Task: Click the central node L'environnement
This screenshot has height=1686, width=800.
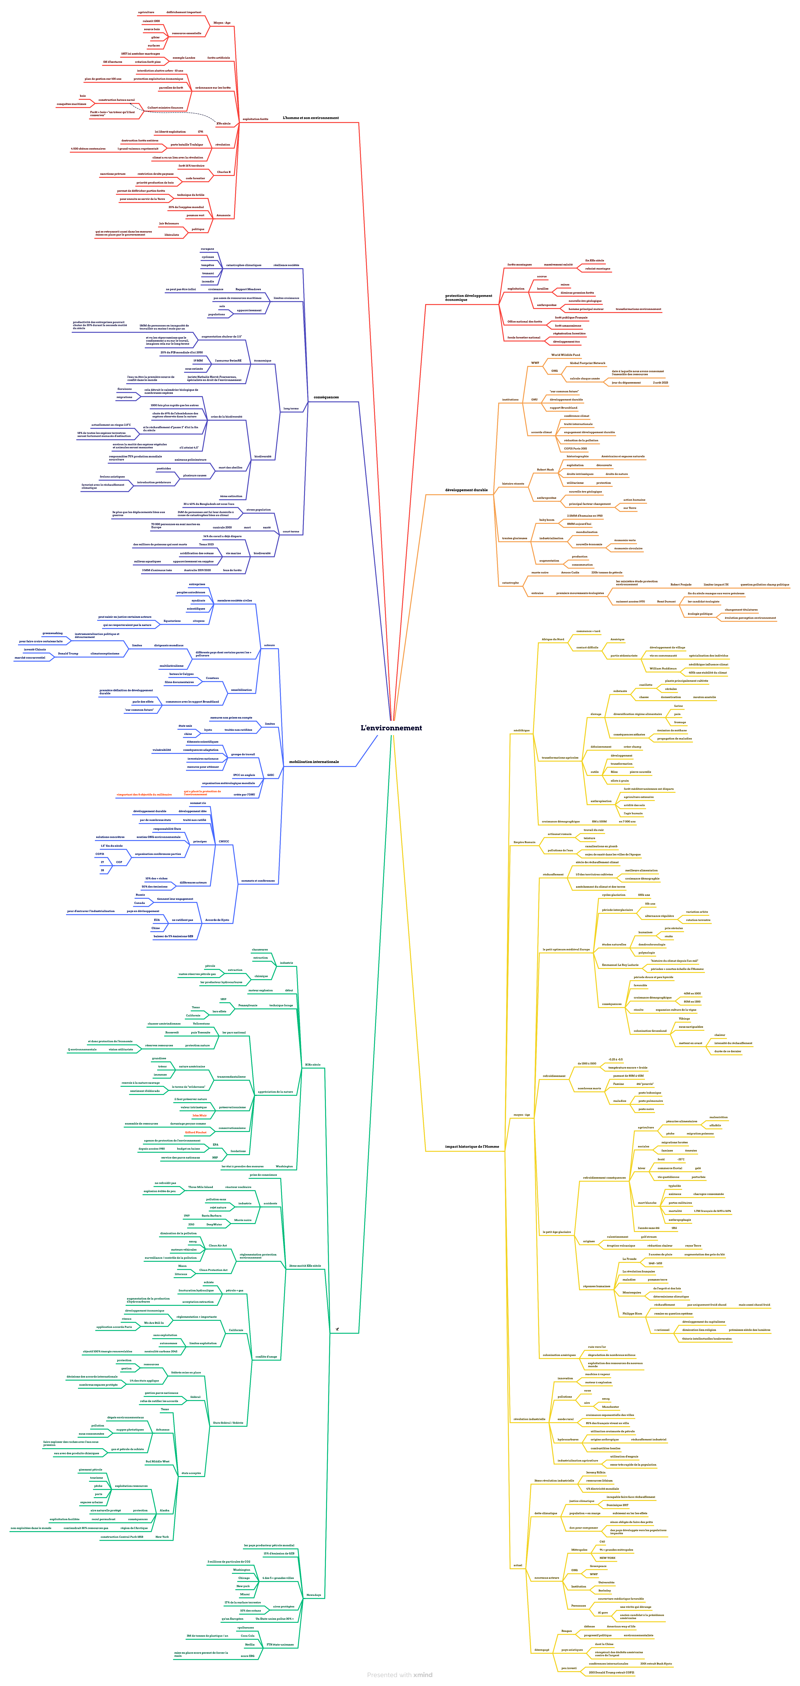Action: pyautogui.click(x=391, y=728)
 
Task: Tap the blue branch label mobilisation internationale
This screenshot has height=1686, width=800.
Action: pyautogui.click(x=314, y=762)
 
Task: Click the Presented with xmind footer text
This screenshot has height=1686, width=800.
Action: pyautogui.click(x=399, y=1675)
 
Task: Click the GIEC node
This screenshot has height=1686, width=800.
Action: pyautogui.click(x=270, y=775)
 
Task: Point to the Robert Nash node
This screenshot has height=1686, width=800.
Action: pyautogui.click(x=545, y=469)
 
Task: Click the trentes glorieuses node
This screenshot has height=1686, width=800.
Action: pyautogui.click(x=515, y=538)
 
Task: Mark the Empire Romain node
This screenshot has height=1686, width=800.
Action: pyautogui.click(x=524, y=842)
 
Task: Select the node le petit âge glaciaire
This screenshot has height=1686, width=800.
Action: pyautogui.click(x=556, y=1232)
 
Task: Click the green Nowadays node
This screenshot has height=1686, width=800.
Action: pyautogui.click(x=314, y=1595)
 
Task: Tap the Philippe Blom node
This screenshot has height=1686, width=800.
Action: pyautogui.click(x=632, y=1314)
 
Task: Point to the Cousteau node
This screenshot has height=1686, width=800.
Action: pyautogui.click(x=212, y=678)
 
